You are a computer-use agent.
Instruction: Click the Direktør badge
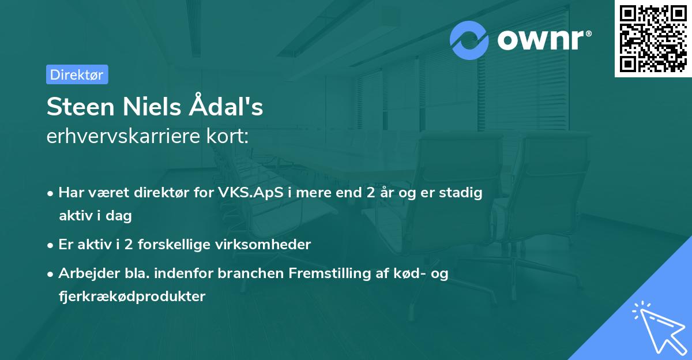[x=77, y=74]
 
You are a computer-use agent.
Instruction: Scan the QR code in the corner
[x=653, y=38]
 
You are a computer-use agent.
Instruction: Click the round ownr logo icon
[x=469, y=40]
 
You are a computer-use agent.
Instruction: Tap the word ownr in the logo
[x=544, y=40]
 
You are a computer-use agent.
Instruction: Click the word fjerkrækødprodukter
[x=132, y=297]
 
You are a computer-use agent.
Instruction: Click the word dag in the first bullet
[x=120, y=216]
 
